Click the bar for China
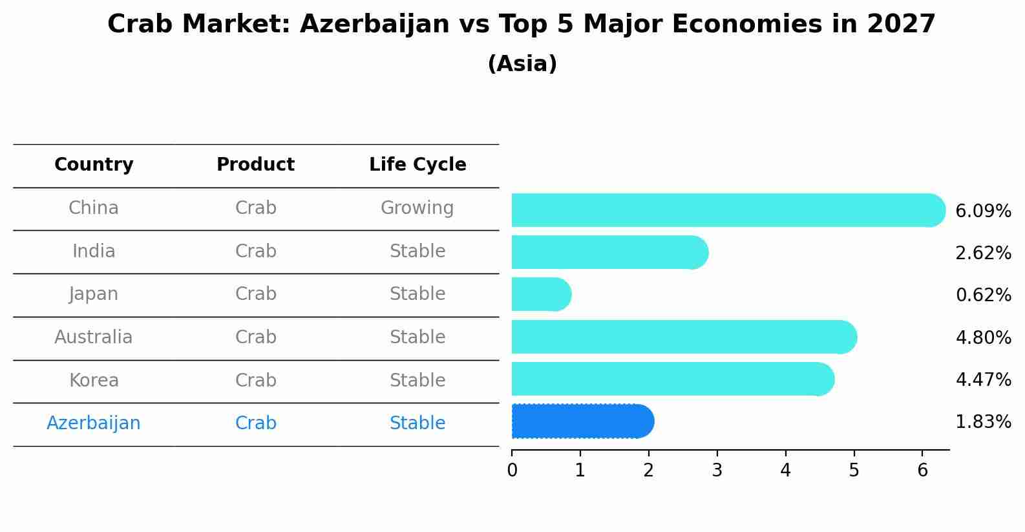tap(728, 210)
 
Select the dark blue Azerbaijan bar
tap(583, 421)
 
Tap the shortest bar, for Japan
tap(542, 294)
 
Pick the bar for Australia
tap(684, 337)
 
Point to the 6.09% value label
tap(984, 211)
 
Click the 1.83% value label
tap(984, 421)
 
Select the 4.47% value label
tap(984, 379)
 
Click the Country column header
tap(94, 164)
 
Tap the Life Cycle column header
tap(417, 164)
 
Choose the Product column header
tap(256, 164)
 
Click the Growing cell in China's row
tap(417, 208)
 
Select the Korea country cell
tap(94, 380)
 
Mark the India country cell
tap(94, 251)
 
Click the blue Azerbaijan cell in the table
tap(94, 423)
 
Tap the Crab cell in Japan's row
tap(256, 294)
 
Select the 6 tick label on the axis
tap(922, 470)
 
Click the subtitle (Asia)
tap(523, 63)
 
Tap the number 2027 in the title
tap(901, 24)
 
